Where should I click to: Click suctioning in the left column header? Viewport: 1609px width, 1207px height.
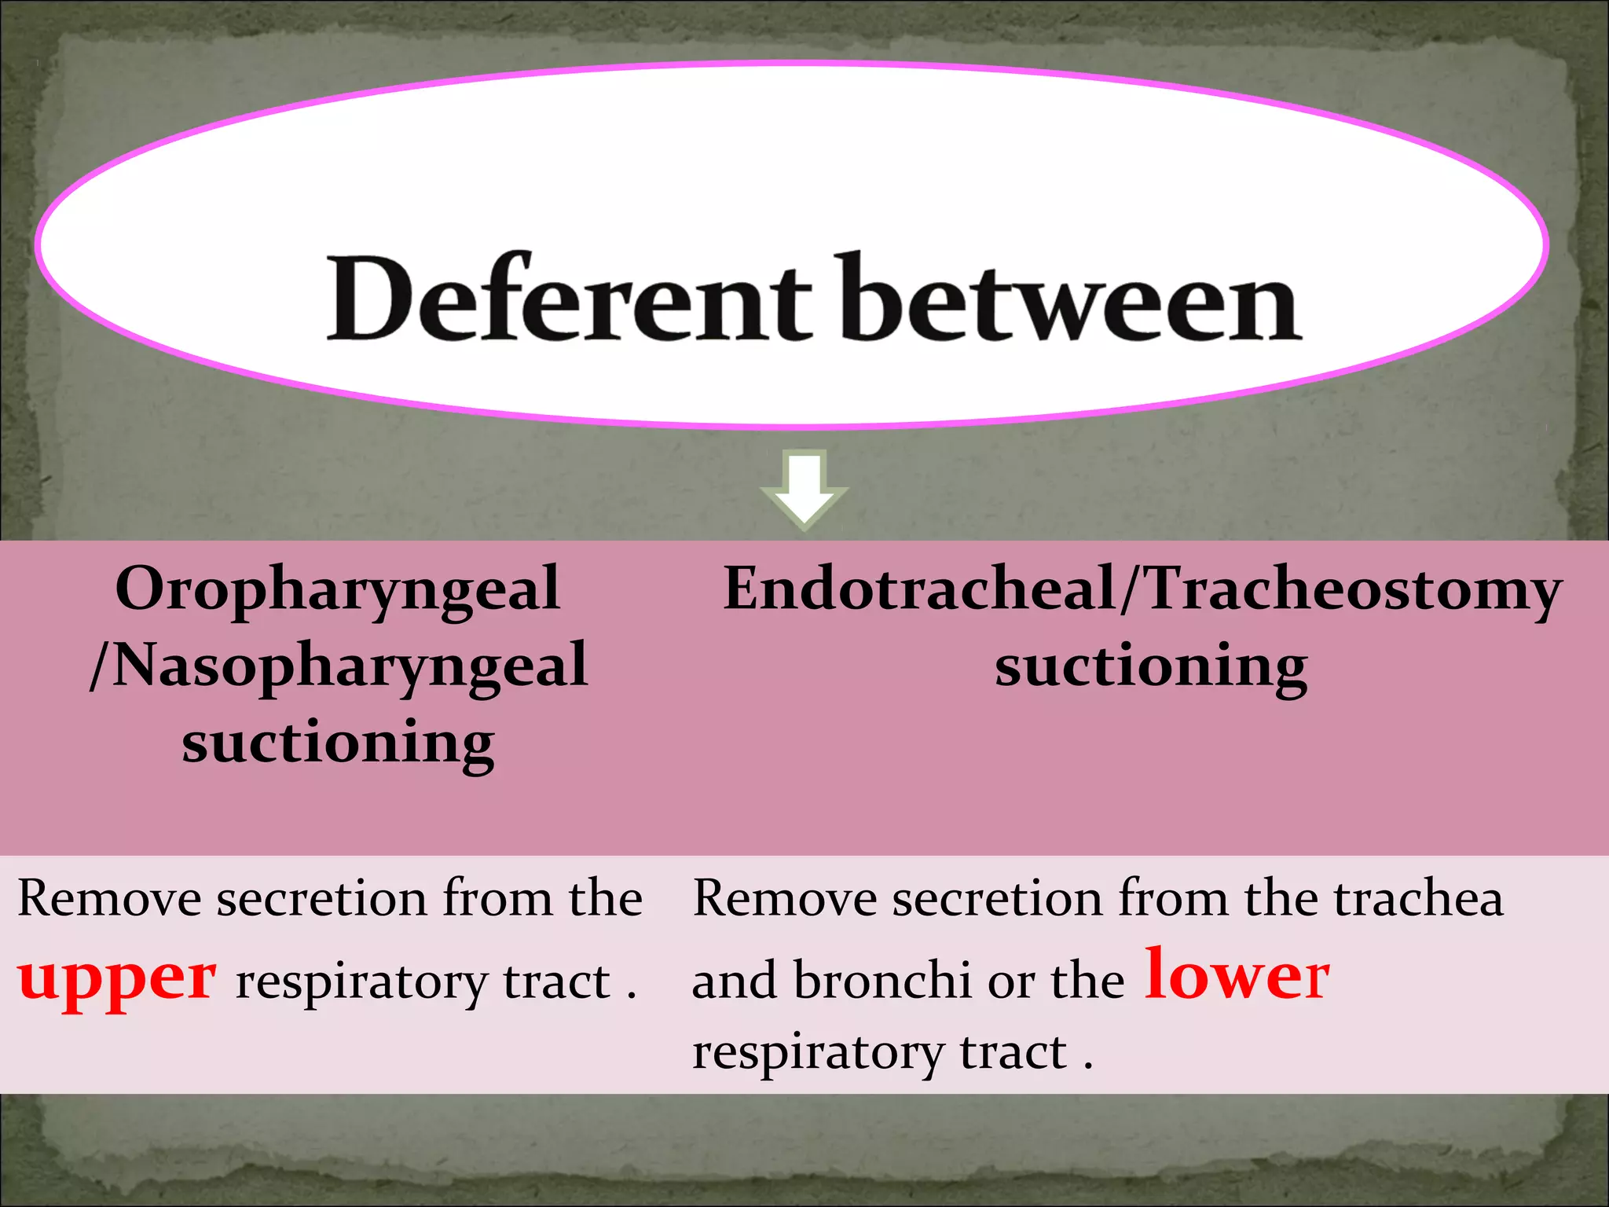pos(338,743)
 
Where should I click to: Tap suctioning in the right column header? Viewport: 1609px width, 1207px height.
pos(1151,667)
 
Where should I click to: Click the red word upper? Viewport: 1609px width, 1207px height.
pos(118,979)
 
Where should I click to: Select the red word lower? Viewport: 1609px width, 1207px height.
pos(1237,976)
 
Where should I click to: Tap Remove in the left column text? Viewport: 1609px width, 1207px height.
pos(109,898)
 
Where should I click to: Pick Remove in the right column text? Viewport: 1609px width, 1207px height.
pos(784,898)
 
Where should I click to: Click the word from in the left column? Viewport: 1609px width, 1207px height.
pos(498,898)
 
